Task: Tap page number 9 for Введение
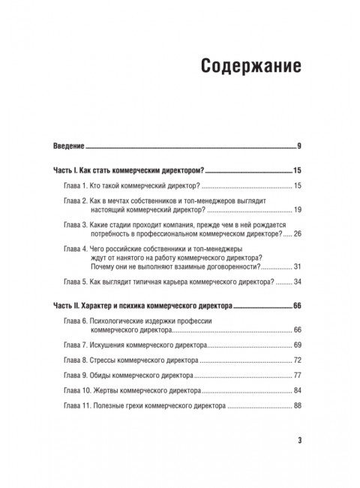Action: coord(299,145)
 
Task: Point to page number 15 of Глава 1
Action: coord(297,185)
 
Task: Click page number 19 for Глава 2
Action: coord(297,212)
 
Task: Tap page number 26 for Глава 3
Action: coord(297,234)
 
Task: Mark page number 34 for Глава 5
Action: coord(297,282)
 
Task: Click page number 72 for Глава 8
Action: coord(297,360)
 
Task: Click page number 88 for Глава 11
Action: coord(297,406)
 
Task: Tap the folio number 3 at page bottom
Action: coord(298,440)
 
